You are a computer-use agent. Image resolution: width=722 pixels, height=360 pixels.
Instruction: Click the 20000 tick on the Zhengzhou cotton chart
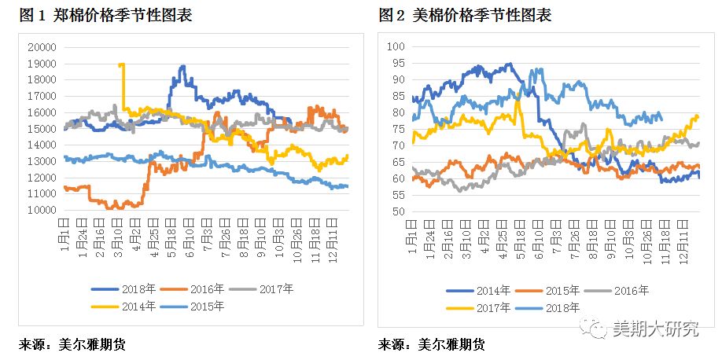[x=39, y=47]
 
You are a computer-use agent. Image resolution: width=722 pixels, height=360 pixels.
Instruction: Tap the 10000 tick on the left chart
[x=39, y=211]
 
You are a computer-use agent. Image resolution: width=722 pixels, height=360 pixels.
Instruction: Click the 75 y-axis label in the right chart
[x=397, y=129]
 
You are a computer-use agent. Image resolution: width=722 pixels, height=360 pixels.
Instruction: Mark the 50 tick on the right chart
[x=397, y=211]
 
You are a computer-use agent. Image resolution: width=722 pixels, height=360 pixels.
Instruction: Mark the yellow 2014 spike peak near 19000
[x=121, y=65]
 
